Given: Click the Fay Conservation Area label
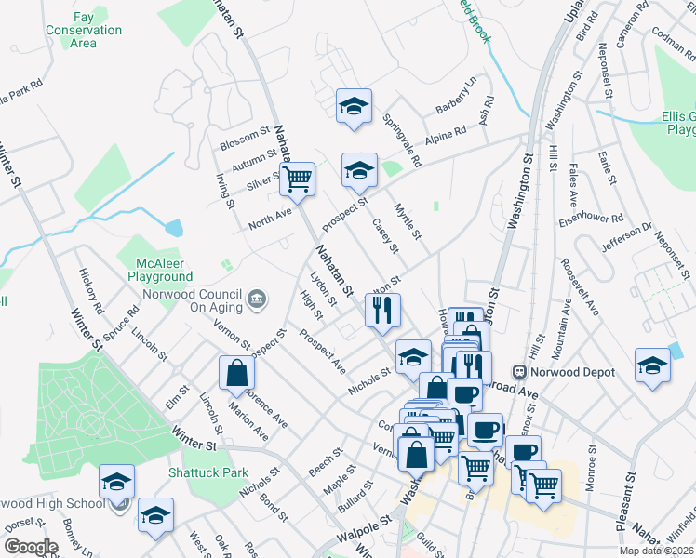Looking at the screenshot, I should click(x=84, y=30).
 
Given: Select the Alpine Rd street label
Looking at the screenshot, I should click(x=446, y=136).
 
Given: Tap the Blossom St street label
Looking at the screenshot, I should click(x=244, y=139).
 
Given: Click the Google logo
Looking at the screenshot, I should click(x=31, y=547).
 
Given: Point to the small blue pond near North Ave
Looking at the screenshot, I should click(x=173, y=226).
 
